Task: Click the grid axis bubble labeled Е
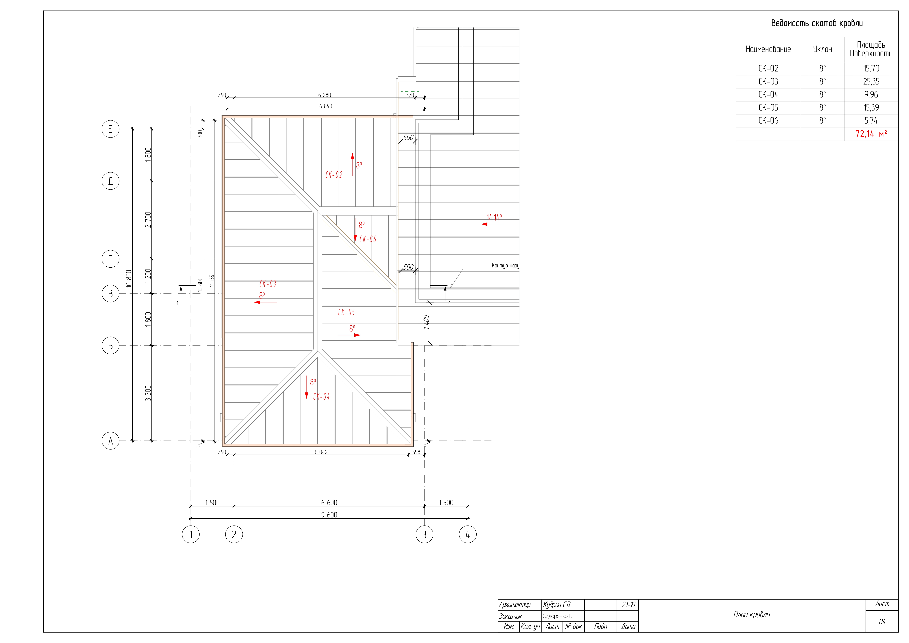(110, 129)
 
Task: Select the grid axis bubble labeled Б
(110, 346)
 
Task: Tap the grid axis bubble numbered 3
(424, 534)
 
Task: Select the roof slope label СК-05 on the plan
(346, 312)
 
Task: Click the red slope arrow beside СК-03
(265, 302)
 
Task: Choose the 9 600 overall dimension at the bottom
(329, 515)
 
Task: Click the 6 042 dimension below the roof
(321, 452)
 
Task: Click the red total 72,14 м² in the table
(871, 134)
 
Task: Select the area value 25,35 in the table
(871, 82)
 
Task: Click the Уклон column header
(822, 49)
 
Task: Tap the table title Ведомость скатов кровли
(817, 23)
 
